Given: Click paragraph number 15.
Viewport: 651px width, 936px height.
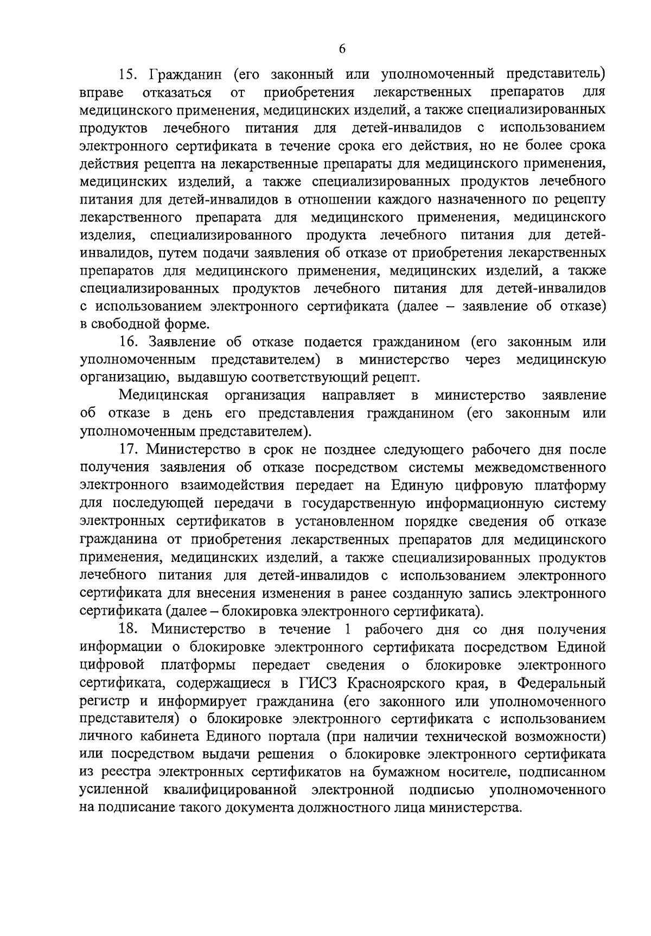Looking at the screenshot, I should (x=129, y=73).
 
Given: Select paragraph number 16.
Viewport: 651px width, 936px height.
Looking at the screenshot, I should (x=129, y=342).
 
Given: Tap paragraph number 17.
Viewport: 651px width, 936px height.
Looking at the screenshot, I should (x=129, y=450).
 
